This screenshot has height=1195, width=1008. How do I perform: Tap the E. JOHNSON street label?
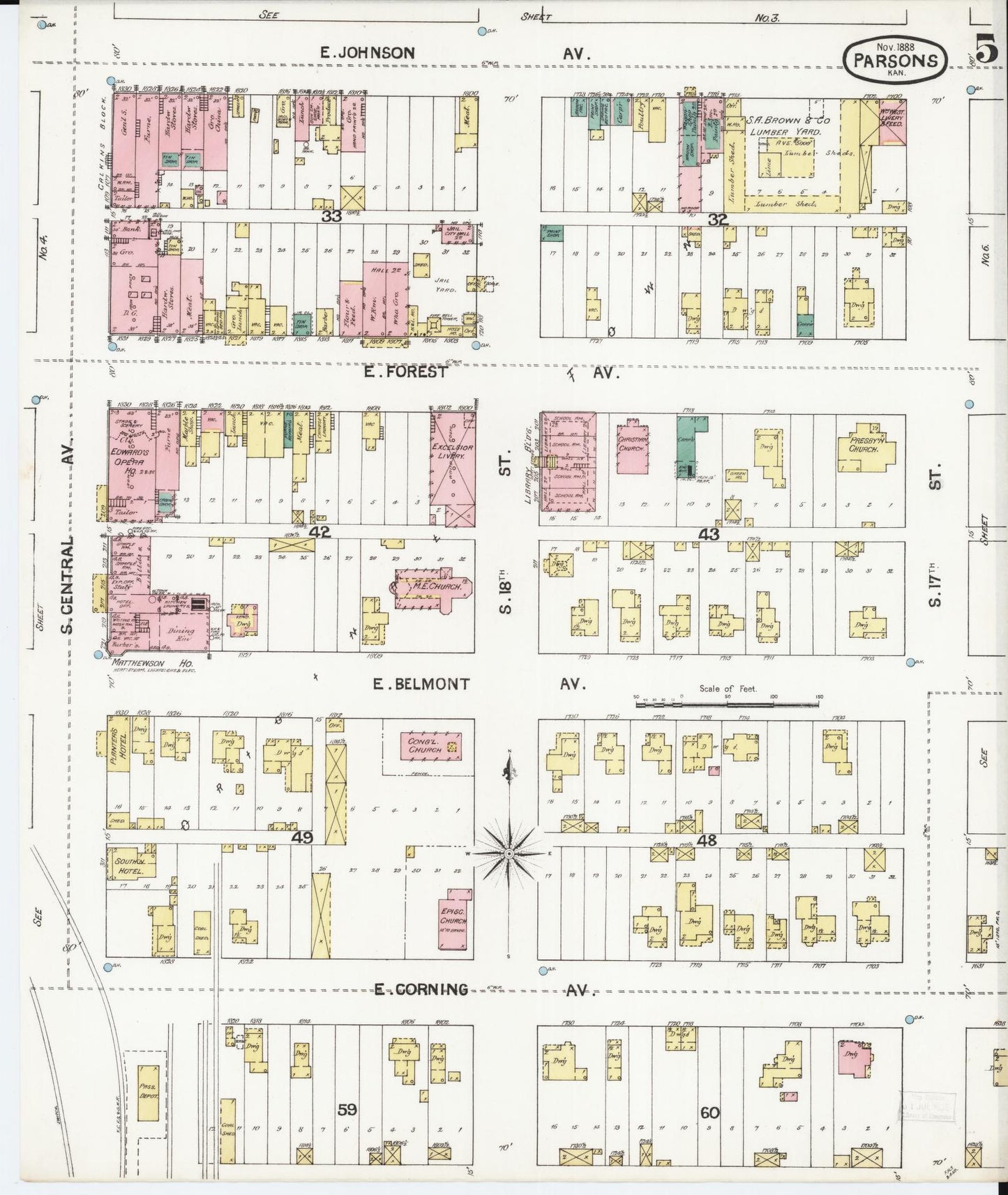click(368, 52)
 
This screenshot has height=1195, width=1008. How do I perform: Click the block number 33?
click(331, 217)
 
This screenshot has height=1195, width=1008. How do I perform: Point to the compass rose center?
click(509, 853)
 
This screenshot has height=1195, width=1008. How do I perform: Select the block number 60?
click(710, 1113)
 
